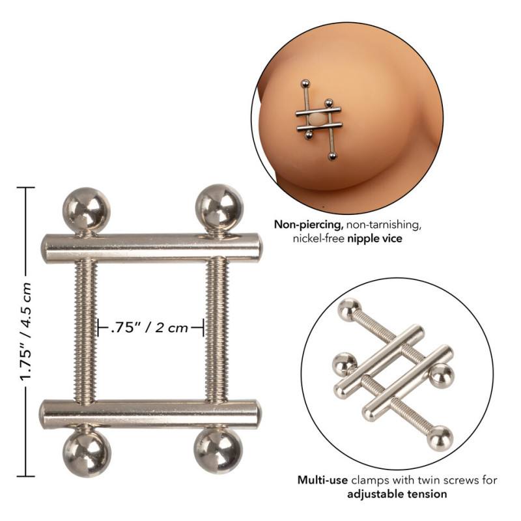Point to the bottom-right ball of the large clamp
coord(218,453)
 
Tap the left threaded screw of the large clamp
coord(86,330)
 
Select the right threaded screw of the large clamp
coord(218,330)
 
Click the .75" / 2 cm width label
coord(151,327)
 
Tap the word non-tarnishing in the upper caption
coord(384,225)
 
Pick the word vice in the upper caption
coord(391,239)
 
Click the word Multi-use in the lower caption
coord(322,481)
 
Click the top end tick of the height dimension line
coord(26,188)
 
